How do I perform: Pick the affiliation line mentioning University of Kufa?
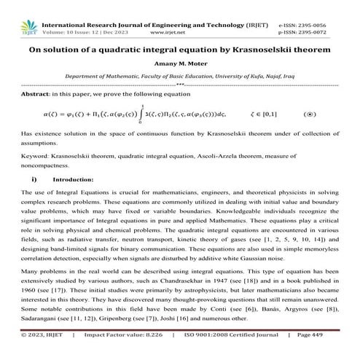[179, 75]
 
